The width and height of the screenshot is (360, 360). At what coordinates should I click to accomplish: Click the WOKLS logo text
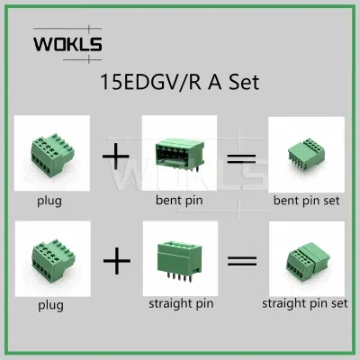click(67, 44)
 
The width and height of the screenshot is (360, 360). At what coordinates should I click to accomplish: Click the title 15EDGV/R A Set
click(179, 82)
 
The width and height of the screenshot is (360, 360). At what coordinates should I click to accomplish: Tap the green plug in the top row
click(52, 156)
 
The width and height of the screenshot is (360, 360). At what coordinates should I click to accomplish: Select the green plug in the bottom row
click(53, 261)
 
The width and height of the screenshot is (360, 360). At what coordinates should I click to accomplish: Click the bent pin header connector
click(180, 155)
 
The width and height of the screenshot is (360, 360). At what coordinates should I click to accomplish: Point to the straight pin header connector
click(180, 261)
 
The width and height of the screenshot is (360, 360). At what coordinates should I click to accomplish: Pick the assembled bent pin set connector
click(306, 154)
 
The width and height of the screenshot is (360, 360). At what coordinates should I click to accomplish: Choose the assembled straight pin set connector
click(307, 260)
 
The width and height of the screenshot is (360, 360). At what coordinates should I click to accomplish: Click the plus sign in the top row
click(116, 157)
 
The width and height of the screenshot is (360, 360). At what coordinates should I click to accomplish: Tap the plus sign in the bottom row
click(117, 261)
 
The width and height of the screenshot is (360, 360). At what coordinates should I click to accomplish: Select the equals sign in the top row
click(241, 158)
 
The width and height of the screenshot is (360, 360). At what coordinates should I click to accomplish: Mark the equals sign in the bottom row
click(242, 260)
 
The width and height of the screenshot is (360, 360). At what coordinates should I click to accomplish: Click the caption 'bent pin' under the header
click(179, 200)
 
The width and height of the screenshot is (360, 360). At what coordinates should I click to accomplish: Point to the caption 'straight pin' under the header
click(181, 303)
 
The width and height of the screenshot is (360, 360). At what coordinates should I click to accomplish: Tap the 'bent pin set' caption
click(306, 201)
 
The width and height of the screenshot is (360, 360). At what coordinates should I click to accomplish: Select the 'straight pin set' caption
click(305, 303)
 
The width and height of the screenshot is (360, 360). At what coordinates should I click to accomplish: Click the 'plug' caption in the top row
click(49, 201)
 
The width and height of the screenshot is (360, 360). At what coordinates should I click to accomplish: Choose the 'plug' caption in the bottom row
click(50, 306)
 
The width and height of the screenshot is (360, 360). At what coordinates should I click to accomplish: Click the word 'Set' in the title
click(244, 82)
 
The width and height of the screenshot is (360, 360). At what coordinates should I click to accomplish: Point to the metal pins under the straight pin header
click(179, 277)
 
